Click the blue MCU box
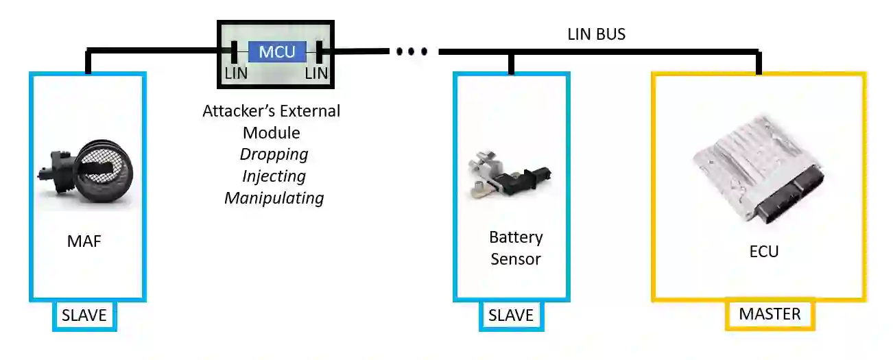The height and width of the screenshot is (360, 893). pos(277,51)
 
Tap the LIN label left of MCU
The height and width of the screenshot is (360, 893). pos(234,73)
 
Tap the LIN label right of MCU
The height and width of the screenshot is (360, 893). pos(317,73)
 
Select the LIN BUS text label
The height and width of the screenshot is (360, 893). pos(596,34)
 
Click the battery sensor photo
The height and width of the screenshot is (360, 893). pos(508,176)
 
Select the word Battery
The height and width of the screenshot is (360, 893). pos(516,237)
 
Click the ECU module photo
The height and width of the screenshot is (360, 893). pos(757,178)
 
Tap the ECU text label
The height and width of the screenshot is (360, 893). pos(763,252)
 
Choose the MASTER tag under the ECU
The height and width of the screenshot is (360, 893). pos(770,314)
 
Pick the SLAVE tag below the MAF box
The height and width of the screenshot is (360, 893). pos(84,315)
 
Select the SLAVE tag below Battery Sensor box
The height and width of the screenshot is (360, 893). pos(510,315)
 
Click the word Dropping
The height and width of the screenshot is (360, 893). pos(274,154)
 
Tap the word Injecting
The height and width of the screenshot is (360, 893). pos(274,176)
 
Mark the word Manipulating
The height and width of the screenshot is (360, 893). pos(274,198)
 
